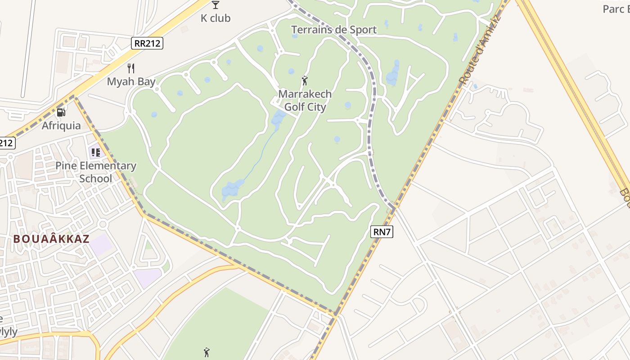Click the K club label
tap(216, 18)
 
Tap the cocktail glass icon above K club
tap(216, 5)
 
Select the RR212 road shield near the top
tap(147, 43)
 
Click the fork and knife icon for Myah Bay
tap(131, 68)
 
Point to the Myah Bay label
tap(131, 81)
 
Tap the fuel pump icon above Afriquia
tap(61, 112)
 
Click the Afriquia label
tap(61, 126)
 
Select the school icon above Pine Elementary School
tap(95, 152)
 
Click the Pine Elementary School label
tap(95, 172)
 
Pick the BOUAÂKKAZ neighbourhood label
tap(51, 239)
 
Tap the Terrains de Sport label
tap(334, 30)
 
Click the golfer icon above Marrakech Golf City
tap(305, 81)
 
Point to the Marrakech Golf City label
tap(305, 100)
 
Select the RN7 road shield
tap(382, 232)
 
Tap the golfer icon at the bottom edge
tap(207, 352)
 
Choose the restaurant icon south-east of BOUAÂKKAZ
tap(134, 267)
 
